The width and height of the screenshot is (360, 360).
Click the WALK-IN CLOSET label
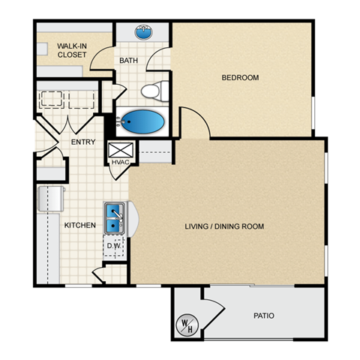[x=71, y=50]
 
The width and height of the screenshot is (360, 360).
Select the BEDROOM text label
[x=240, y=77]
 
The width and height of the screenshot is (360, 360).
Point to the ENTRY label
[x=82, y=142]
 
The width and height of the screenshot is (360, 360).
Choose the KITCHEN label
[x=79, y=225]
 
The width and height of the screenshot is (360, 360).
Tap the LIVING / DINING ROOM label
[x=224, y=226]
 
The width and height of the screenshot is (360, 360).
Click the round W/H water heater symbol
[x=186, y=325]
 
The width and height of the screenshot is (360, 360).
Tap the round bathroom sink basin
[x=142, y=33]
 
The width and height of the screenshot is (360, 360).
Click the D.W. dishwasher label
[x=114, y=246]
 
